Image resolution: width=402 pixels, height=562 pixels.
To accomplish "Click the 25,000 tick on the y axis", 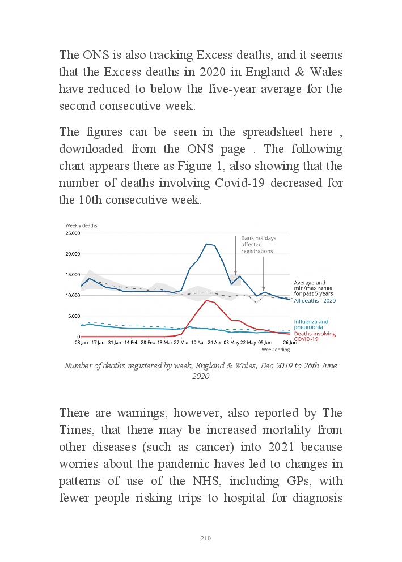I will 72,233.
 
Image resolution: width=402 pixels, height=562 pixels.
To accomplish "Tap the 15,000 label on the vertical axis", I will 72,275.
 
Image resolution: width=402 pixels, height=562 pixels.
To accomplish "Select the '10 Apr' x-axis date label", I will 198,343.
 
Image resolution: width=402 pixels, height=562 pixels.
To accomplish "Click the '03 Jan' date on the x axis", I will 81,343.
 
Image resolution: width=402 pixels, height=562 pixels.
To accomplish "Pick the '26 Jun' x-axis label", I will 289,343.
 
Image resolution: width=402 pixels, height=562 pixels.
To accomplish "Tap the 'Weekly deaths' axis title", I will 81,225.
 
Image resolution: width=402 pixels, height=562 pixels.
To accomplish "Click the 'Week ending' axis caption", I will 275,350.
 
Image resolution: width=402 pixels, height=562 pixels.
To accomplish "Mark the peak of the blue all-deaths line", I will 206,244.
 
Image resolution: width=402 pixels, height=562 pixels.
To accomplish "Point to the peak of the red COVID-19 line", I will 206,300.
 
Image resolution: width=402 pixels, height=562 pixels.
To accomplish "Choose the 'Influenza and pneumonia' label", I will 311,325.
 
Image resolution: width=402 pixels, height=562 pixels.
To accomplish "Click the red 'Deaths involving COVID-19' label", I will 314,337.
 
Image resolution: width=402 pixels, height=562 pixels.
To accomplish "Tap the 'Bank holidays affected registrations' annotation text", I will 257,244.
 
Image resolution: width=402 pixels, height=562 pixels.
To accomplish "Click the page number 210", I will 206,538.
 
